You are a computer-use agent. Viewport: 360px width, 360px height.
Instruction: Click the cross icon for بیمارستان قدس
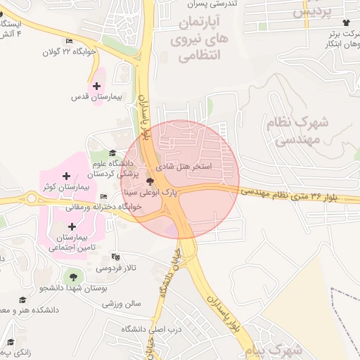point(96,85)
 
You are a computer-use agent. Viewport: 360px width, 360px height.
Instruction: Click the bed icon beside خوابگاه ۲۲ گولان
point(68,41)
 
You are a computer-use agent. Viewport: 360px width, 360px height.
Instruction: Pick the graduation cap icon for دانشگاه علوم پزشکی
point(112,154)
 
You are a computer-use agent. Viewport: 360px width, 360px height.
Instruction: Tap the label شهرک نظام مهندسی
point(297,130)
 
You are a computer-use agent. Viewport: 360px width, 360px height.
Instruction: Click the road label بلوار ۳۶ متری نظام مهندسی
point(300,194)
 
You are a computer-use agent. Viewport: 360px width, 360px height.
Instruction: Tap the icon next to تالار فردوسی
point(116,257)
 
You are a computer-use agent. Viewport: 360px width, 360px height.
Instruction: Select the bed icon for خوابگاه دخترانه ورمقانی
point(104,196)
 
